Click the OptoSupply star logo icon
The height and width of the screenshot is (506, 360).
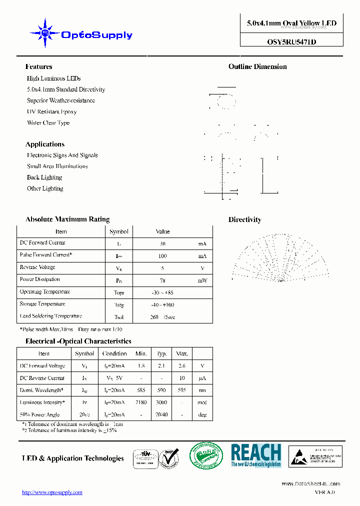click(45, 33)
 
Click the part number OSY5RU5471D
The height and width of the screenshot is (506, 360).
click(291, 42)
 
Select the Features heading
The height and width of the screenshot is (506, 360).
click(38, 66)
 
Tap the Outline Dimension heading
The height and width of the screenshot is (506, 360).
click(257, 66)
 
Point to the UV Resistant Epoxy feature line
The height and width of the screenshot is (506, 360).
click(51, 111)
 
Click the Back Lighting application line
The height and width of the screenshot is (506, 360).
click(44, 177)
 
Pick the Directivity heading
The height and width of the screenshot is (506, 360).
click(244, 219)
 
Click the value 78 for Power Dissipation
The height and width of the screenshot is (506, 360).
click(162, 280)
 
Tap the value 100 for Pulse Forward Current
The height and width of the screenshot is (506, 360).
click(162, 256)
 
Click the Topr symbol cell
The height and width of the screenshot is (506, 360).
click(119, 293)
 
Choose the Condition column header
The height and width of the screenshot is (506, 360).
click(114, 353)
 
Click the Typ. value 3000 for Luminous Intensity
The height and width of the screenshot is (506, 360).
click(161, 402)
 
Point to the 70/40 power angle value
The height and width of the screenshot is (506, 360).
click(161, 414)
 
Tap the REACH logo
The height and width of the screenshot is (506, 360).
click(256, 455)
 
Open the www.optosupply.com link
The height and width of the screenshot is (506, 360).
click(52, 492)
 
